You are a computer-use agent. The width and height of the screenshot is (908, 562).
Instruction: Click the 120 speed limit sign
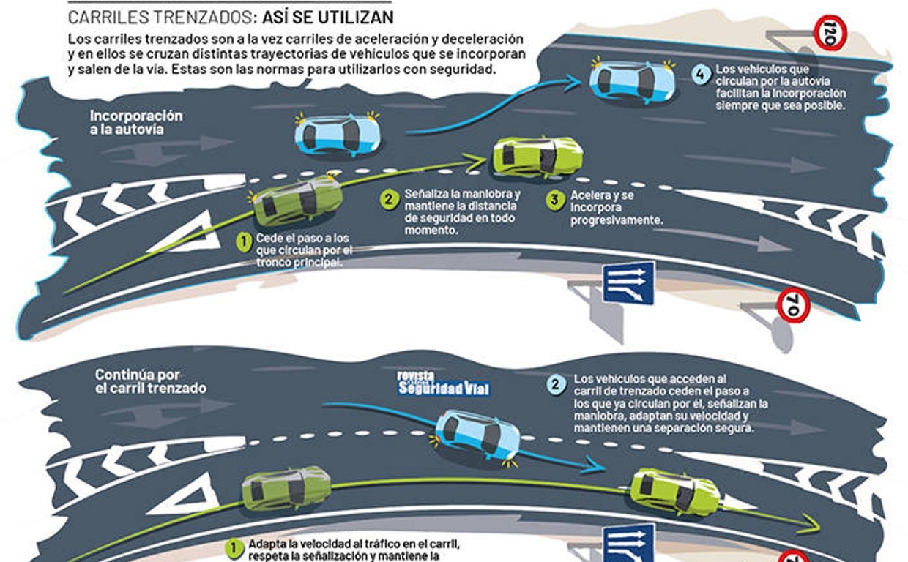[x=830, y=34]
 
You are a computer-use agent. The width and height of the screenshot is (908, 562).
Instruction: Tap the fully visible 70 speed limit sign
[x=793, y=304]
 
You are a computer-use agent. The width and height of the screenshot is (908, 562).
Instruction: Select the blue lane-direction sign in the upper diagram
[x=628, y=282]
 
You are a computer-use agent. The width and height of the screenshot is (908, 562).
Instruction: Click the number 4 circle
[x=702, y=74]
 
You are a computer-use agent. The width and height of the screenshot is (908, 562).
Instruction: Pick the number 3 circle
[x=557, y=199]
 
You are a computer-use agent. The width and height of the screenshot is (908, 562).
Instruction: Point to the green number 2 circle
[x=390, y=198]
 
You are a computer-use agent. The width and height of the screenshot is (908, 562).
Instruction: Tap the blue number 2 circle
[x=557, y=383]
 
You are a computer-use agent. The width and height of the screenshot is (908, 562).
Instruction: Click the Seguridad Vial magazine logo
[x=442, y=383]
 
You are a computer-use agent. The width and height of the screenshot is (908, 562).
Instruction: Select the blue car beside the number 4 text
[x=632, y=81]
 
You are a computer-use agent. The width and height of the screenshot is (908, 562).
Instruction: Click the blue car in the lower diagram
[x=477, y=435]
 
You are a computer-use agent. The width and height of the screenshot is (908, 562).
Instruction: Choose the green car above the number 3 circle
[x=537, y=156]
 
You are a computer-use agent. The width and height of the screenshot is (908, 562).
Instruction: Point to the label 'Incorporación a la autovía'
[x=136, y=122]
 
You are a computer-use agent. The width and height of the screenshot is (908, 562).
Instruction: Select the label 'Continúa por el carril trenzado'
[x=150, y=381]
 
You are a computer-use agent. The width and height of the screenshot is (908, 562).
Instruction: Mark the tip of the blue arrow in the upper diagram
[x=578, y=83]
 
